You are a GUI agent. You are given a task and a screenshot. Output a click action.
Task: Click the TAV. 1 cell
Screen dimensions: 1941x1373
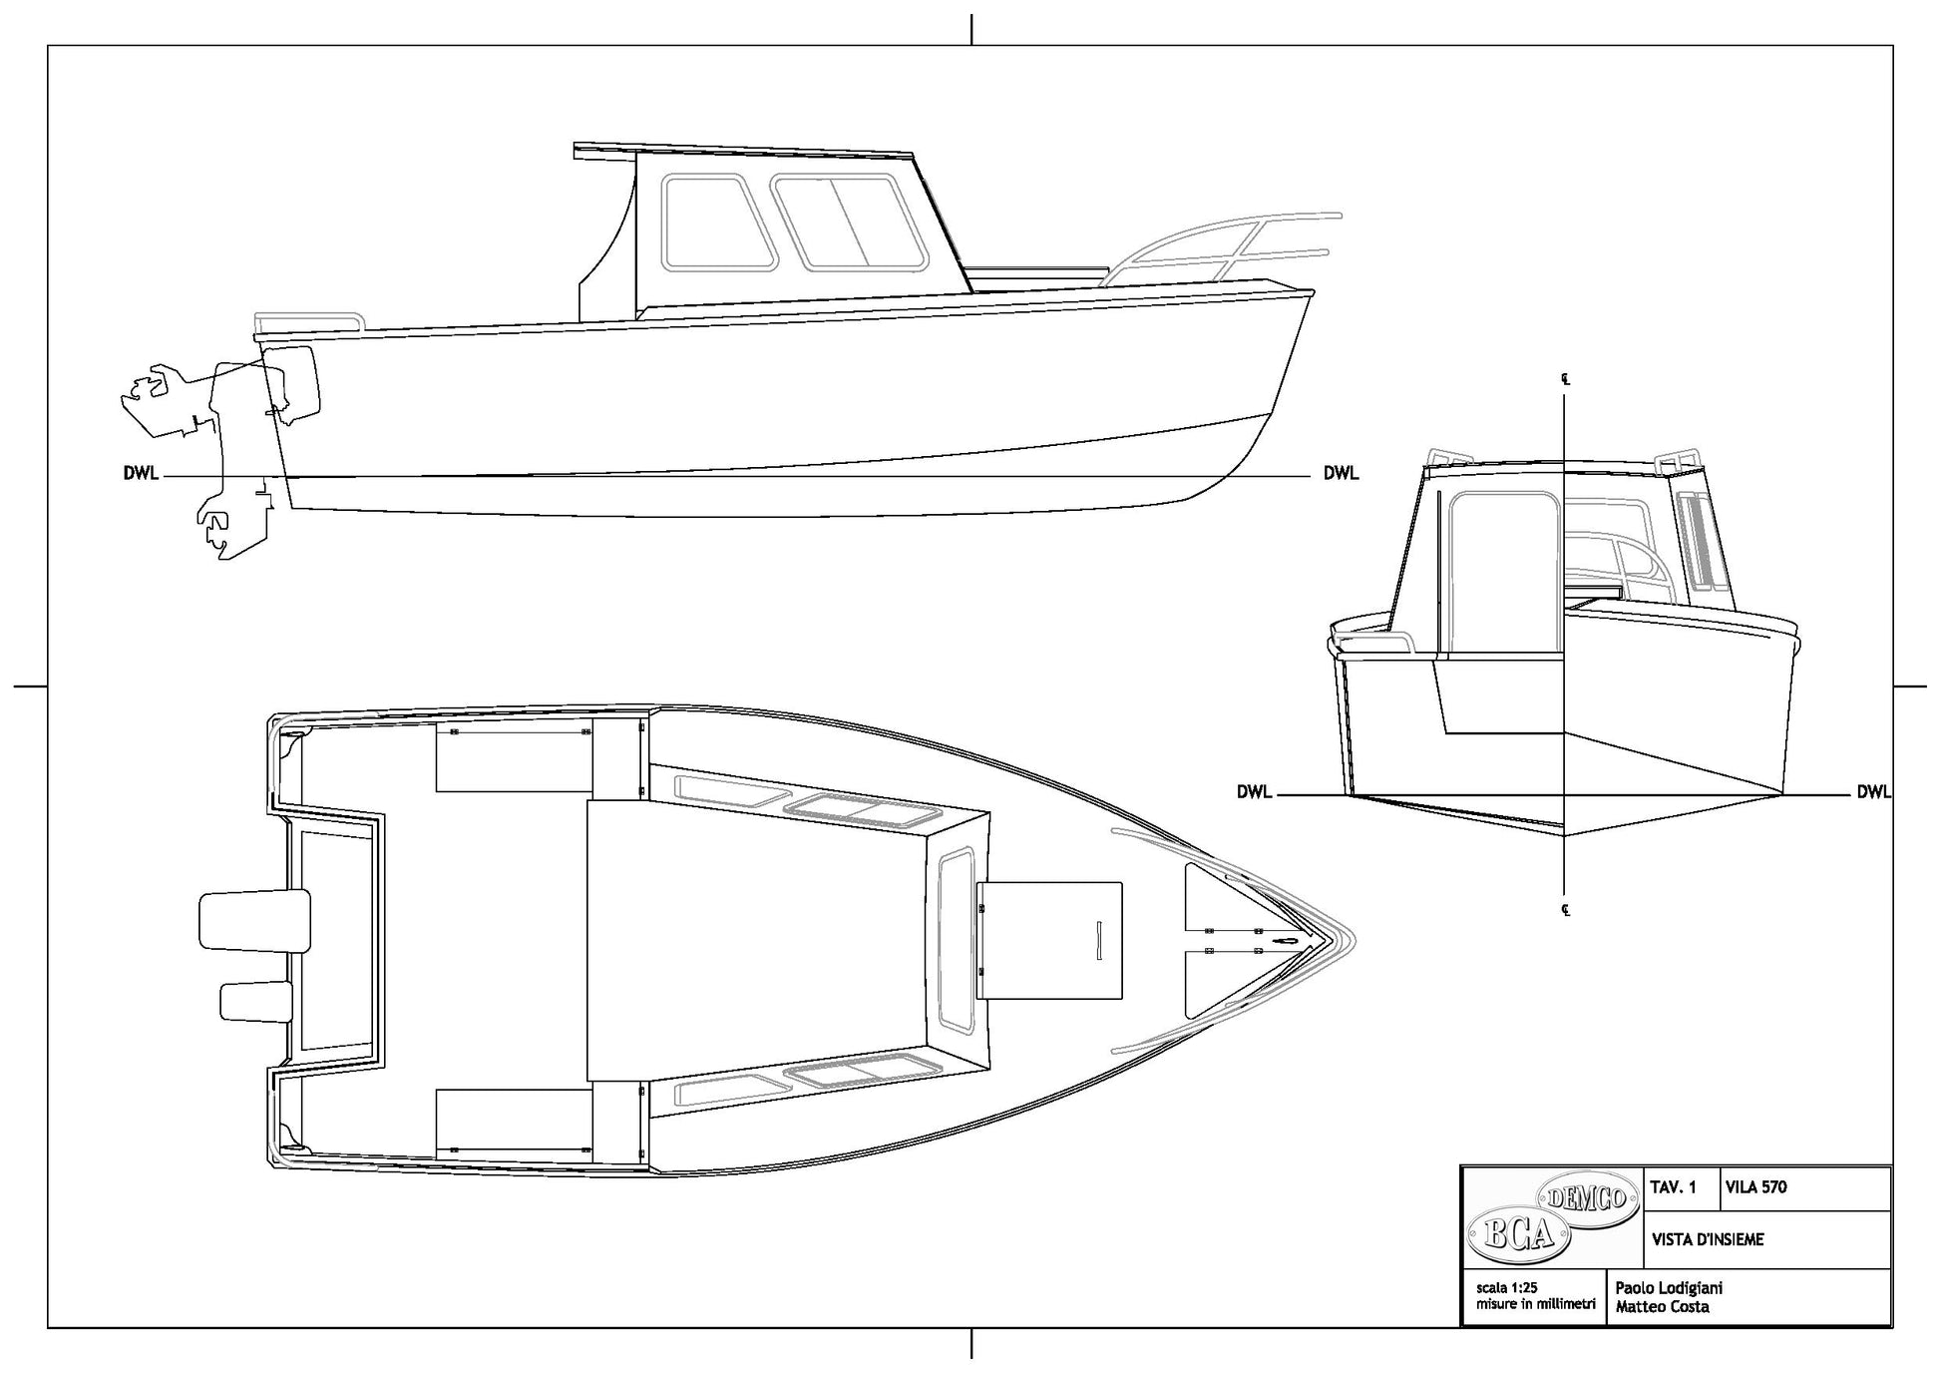click(x=1674, y=1187)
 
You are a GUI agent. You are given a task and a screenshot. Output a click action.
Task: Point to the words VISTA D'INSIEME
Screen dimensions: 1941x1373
click(x=1708, y=1239)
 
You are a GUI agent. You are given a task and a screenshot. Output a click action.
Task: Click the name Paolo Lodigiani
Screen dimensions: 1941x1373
click(x=1669, y=1288)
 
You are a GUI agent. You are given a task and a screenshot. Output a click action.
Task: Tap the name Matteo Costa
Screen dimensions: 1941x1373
click(x=1662, y=1306)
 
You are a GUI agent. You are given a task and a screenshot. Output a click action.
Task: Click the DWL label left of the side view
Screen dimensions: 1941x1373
click(x=141, y=473)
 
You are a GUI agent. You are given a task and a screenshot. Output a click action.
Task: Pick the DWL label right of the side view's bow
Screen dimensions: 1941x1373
click(x=1341, y=473)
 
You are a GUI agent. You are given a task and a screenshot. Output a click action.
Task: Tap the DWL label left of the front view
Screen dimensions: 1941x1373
click(x=1254, y=792)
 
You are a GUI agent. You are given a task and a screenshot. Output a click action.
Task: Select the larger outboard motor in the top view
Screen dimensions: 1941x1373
click(x=254, y=920)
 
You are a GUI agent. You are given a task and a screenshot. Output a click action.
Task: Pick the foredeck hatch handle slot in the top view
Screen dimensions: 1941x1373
click(x=1099, y=941)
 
